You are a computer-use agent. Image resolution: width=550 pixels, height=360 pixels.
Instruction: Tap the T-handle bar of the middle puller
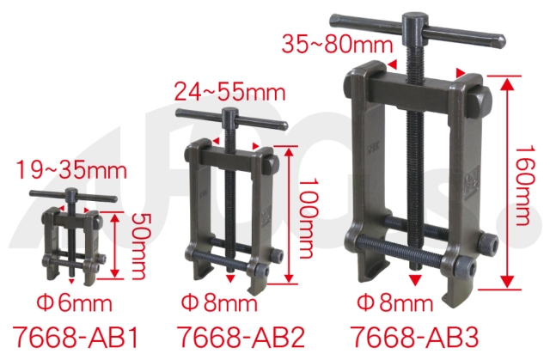(x=230, y=118)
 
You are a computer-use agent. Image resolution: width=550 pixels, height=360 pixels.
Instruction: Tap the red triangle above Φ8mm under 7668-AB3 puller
(x=415, y=280)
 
